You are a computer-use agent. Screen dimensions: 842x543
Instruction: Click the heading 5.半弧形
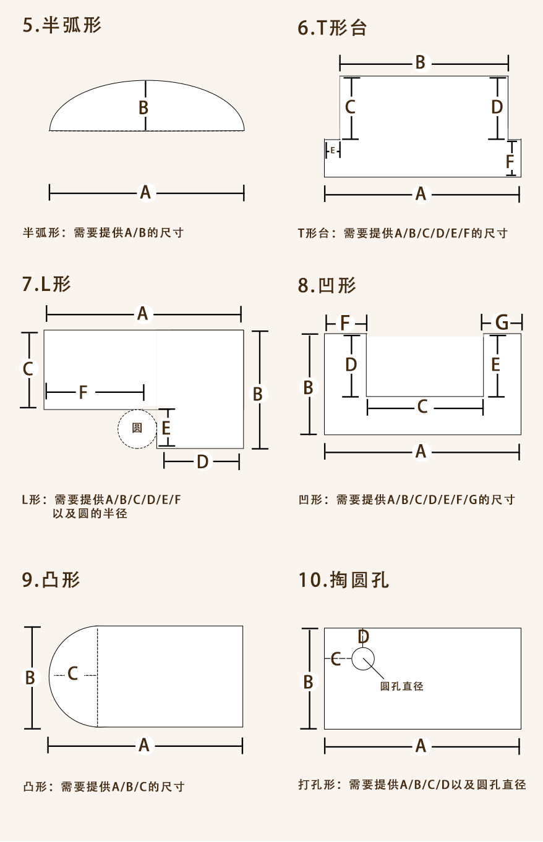[x=62, y=26]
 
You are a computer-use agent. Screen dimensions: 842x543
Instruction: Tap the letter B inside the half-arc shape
[x=143, y=108]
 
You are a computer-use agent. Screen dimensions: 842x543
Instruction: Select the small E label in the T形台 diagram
[x=333, y=150]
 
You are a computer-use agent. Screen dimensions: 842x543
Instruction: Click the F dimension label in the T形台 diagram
[x=510, y=162]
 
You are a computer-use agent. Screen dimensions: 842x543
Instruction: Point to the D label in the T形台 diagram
[x=497, y=107]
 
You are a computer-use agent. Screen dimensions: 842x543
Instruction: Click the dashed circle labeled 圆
[x=137, y=427]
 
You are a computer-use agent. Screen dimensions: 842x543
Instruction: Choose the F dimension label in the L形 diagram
[x=83, y=392]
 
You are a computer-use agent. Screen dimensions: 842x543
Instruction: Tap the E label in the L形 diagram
[x=166, y=427]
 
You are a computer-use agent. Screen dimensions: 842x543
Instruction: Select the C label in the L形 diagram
[x=28, y=369]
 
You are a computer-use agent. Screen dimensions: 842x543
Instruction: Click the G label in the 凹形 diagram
[x=502, y=322]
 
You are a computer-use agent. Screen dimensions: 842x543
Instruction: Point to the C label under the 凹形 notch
[x=422, y=407]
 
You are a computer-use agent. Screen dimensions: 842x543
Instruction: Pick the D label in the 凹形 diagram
[x=351, y=364]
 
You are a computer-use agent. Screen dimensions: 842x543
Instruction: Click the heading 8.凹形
[x=327, y=285]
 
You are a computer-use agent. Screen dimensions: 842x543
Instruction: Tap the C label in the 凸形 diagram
[x=73, y=674]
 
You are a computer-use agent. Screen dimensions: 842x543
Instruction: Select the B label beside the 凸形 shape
[x=30, y=678]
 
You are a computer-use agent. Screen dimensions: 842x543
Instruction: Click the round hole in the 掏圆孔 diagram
[x=363, y=659]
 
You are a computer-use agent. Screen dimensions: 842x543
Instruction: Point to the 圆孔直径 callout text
[x=402, y=686]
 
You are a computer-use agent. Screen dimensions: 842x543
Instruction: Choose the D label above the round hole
[x=364, y=636]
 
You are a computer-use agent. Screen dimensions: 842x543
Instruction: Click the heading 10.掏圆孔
[x=343, y=580]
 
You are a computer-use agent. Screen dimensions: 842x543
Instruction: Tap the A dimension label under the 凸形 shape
[x=144, y=746]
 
